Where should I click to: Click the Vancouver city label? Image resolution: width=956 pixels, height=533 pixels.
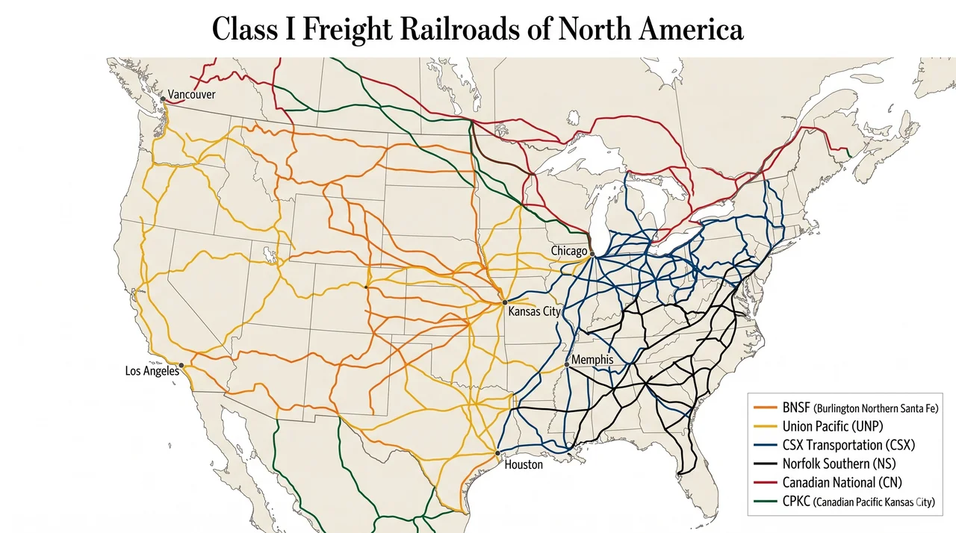[191, 95]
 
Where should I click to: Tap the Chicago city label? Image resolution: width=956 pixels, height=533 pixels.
[569, 251]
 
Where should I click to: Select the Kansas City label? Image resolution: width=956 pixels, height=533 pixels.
[534, 311]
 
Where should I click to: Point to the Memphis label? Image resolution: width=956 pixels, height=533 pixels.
[592, 360]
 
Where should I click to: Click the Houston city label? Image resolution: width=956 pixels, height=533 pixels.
[524, 464]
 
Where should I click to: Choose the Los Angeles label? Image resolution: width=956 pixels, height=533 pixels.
[152, 370]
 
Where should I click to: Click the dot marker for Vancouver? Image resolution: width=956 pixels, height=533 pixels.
[163, 99]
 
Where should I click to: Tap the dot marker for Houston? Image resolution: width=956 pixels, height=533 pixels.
[497, 452]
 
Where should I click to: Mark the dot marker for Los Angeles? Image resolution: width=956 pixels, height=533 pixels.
[181, 365]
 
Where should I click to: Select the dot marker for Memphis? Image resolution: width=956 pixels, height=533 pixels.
[566, 365]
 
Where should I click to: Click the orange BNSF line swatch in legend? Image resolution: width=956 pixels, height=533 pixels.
[766, 408]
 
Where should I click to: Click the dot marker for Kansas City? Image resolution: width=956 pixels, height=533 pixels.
[505, 302]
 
